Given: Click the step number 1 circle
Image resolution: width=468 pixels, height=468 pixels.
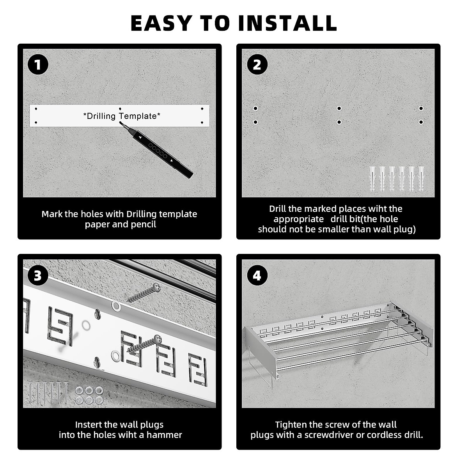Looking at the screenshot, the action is coord(38,65).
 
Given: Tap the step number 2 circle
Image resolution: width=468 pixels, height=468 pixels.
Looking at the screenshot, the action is coord(257,65).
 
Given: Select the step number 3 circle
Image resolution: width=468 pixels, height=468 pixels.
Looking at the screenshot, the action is coord(38,275).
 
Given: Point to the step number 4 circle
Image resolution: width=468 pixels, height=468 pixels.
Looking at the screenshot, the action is coord(257,275).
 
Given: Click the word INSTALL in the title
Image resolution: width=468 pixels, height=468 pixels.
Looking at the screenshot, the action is coord(287,23).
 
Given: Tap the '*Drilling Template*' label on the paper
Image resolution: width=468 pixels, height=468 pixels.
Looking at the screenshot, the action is coord(122,116).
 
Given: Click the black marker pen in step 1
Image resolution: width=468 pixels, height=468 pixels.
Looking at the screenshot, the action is coord(157,150).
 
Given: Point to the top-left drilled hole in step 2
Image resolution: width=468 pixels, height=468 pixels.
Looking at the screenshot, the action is coord(255,108).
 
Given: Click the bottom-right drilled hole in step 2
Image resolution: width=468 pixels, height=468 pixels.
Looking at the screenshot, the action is coord(421,122).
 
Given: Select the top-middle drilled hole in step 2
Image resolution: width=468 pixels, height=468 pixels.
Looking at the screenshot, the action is coord(339,108).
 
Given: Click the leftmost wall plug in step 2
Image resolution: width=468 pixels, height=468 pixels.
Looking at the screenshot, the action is coord(372,179).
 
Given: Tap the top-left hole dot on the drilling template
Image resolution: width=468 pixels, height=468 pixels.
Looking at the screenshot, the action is coord(36,109).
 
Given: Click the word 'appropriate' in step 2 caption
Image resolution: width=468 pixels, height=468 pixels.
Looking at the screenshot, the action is coord(298,219).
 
